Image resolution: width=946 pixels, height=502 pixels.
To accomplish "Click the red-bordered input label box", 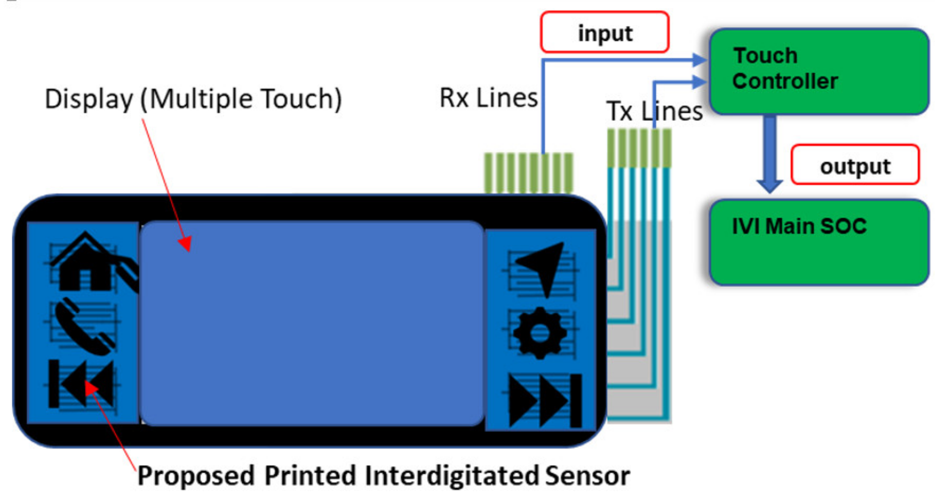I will tap(605, 32).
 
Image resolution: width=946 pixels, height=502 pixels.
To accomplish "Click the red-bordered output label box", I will tap(855, 165).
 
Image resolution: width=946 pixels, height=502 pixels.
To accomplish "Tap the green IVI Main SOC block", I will tap(819, 242).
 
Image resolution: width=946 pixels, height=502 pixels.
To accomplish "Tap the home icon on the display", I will tap(85, 262).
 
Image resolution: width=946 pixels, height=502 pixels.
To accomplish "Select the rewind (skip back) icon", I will tap(82, 383).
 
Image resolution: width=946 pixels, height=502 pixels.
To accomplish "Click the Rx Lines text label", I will tap(488, 98).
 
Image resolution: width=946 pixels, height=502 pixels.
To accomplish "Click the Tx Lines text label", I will tap(654, 111).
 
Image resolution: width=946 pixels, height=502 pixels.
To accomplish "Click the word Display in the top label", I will tap(89, 99).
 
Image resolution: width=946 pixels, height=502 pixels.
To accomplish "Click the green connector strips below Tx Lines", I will tap(639, 148).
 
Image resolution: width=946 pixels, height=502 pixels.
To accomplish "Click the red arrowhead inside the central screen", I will tap(185, 243).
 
